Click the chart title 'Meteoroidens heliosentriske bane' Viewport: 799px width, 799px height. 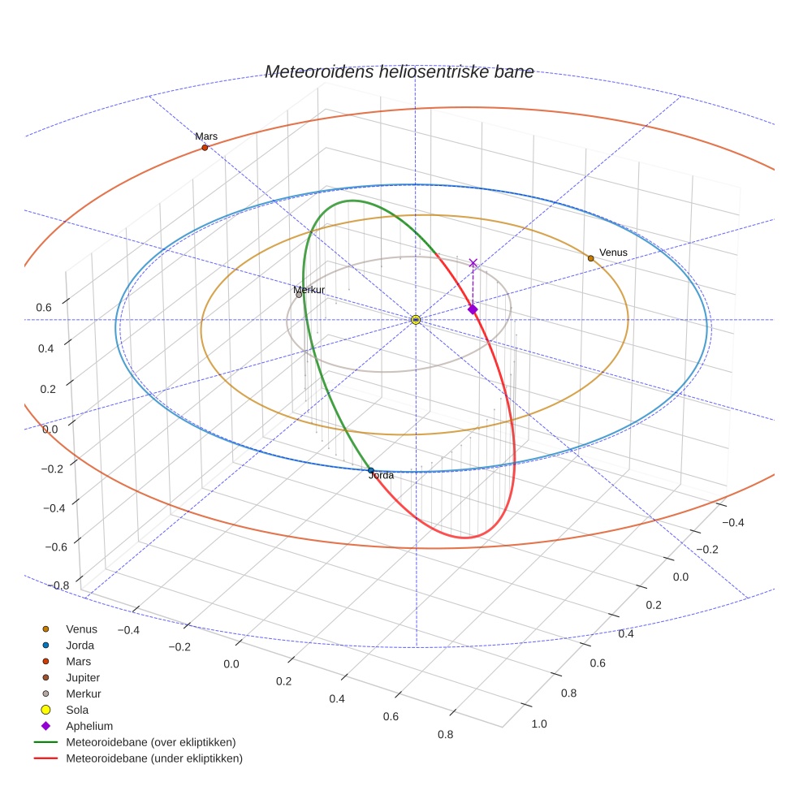(x=399, y=71)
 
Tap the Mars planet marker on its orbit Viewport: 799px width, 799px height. (x=205, y=148)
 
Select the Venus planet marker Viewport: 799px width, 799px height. (x=590, y=258)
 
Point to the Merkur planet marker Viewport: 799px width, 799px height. (x=299, y=295)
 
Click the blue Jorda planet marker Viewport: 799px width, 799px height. (x=371, y=470)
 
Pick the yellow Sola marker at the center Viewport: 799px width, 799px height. (x=416, y=320)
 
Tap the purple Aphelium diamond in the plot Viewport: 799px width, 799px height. (x=473, y=309)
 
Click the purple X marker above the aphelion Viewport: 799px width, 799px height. (x=473, y=263)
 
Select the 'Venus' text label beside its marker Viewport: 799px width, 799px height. (x=613, y=253)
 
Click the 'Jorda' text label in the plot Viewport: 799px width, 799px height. (x=381, y=476)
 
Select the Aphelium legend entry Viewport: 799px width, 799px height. (x=89, y=726)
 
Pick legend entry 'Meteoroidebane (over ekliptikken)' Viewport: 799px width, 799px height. (x=151, y=742)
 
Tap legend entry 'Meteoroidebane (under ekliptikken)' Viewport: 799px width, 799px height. (x=154, y=758)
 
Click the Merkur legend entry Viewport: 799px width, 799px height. (x=84, y=693)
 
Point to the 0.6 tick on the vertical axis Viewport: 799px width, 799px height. (x=44, y=307)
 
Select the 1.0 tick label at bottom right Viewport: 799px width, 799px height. (x=539, y=724)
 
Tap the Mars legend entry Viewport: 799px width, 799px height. (x=78, y=661)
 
